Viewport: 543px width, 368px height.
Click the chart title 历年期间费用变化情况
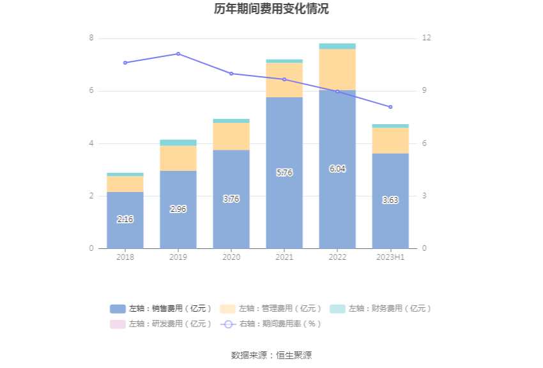tap(271, 9)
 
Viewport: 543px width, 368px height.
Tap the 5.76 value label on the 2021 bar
tap(284, 173)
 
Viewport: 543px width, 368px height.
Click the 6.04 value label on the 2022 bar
tap(337, 169)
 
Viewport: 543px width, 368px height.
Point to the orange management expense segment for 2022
tap(337, 70)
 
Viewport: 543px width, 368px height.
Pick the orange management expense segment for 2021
tap(284, 80)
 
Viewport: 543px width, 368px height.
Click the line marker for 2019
tap(178, 54)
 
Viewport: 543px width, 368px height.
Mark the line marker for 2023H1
tap(390, 107)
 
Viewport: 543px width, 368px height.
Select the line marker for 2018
tap(125, 63)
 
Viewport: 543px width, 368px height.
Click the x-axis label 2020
tap(231, 257)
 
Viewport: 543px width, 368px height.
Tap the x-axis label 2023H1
tap(390, 257)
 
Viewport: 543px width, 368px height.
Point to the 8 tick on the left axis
tap(91, 38)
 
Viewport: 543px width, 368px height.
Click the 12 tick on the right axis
tap(427, 38)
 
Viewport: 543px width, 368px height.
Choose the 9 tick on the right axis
tap(425, 91)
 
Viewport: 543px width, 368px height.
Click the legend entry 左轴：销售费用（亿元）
tap(161, 308)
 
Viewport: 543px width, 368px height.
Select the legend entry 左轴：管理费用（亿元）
tap(271, 308)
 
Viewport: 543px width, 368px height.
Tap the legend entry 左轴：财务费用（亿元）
tap(381, 308)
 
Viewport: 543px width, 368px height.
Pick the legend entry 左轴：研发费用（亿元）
tap(161, 324)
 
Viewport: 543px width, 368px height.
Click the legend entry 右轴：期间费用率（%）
tap(271, 324)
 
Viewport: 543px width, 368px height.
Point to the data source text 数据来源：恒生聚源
tap(271, 355)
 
